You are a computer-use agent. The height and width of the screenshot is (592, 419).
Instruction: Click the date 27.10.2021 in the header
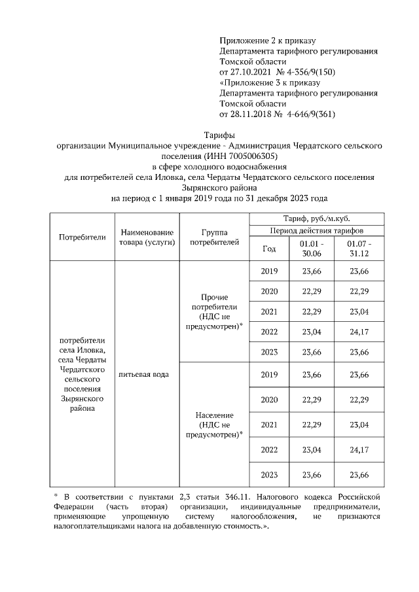click(252, 71)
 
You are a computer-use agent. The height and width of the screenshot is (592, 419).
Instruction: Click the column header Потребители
click(82, 237)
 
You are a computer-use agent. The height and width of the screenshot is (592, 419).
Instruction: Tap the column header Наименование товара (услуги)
click(146, 237)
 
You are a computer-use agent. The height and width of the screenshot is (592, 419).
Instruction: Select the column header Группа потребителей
click(214, 237)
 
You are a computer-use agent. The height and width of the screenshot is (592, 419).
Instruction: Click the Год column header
click(269, 249)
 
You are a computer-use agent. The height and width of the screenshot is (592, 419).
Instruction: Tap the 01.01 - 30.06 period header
click(312, 249)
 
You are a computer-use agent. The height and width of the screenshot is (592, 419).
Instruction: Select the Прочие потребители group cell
click(214, 311)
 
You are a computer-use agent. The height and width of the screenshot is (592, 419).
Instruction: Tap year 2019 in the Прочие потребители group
click(269, 271)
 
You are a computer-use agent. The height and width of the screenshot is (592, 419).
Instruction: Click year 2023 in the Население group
click(269, 474)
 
